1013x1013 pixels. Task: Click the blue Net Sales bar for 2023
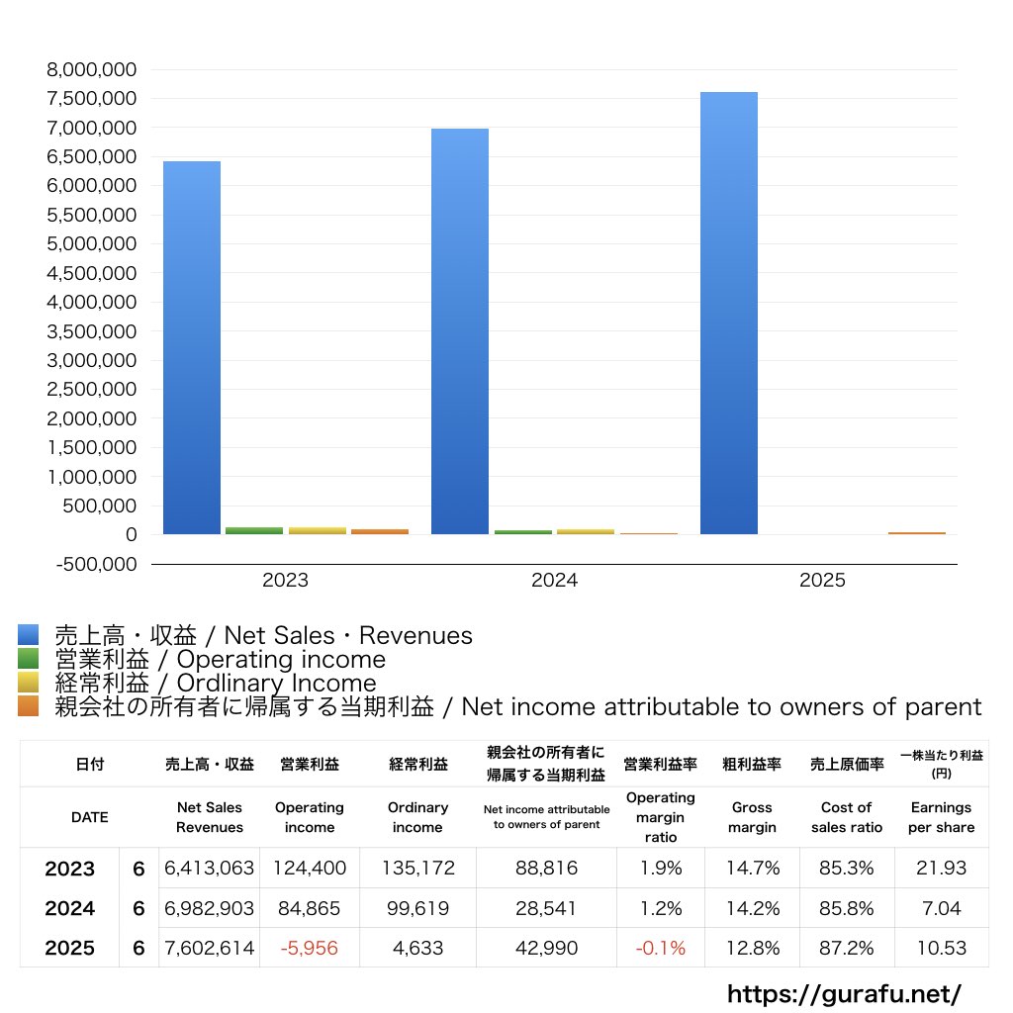click(191, 347)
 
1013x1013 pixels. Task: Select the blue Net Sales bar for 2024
click(460, 331)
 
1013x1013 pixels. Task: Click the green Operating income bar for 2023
click(254, 530)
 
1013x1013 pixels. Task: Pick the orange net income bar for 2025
click(916, 532)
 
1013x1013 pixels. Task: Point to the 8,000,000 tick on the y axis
click(91, 69)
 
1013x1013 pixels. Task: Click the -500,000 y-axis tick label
click(91, 564)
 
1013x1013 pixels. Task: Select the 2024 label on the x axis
click(554, 581)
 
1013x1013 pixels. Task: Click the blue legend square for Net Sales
click(28, 635)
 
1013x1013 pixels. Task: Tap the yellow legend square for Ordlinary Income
click(28, 683)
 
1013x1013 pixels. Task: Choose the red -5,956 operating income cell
click(310, 948)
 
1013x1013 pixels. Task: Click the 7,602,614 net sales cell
click(209, 948)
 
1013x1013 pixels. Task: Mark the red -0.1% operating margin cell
click(660, 948)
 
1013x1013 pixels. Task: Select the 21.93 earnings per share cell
click(941, 869)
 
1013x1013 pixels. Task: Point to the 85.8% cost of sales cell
click(846, 908)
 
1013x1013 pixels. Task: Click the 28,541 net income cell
click(546, 908)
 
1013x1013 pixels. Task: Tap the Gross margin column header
click(752, 817)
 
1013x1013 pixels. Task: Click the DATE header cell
click(89, 817)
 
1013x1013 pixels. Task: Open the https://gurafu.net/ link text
click(844, 993)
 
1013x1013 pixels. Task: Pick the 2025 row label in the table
click(69, 948)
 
